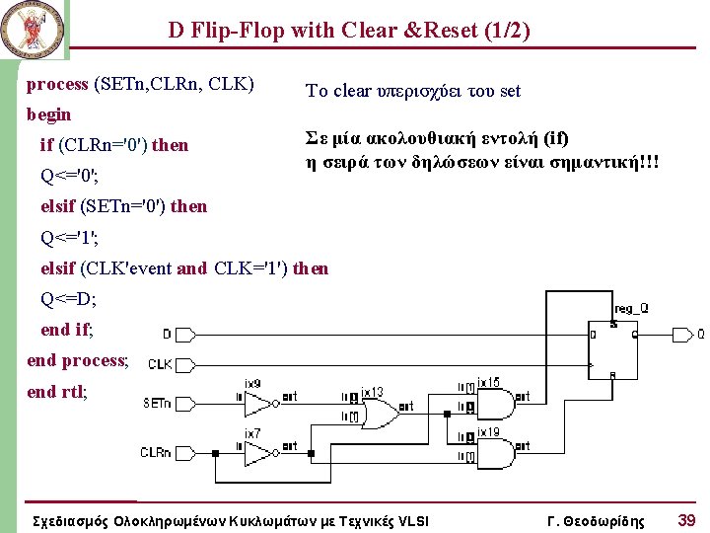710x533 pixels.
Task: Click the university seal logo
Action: pyautogui.click(x=32, y=31)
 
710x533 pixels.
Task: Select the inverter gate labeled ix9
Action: pyautogui.click(x=259, y=402)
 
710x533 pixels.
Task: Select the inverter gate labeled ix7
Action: pyautogui.click(x=259, y=452)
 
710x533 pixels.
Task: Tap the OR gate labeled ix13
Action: pyautogui.click(x=381, y=410)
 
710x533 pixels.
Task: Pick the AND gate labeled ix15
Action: pyautogui.click(x=497, y=402)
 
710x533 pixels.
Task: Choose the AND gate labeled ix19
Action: pyautogui.click(x=497, y=452)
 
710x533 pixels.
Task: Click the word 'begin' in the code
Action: pyautogui.click(x=48, y=114)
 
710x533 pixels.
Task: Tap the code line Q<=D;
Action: pyautogui.click(x=68, y=298)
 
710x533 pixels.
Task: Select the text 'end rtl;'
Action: pyautogui.click(x=57, y=392)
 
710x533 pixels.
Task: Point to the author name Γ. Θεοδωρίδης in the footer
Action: pyautogui.click(x=595, y=520)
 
